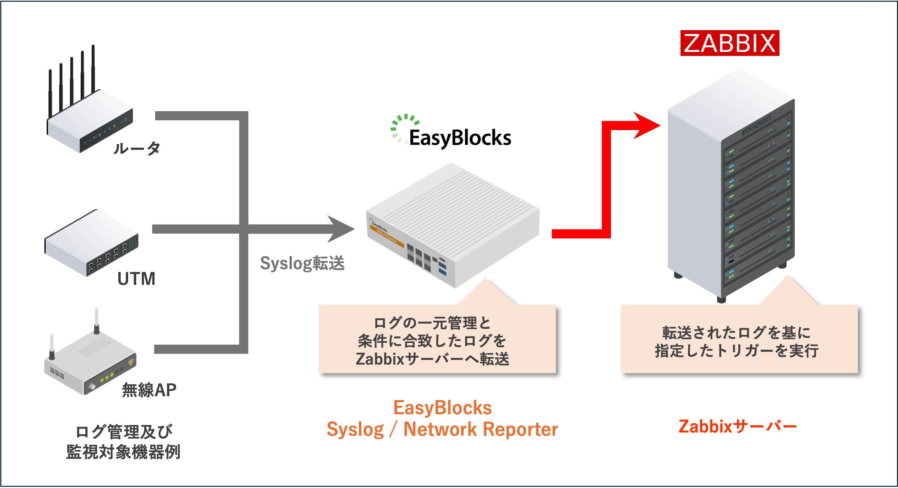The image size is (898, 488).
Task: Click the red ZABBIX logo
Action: pos(730,43)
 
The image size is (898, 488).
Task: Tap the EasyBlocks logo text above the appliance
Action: pos(460,138)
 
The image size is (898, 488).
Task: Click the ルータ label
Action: pos(136,148)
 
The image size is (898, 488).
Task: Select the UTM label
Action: pos(136,278)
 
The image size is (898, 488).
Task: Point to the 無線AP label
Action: pos(149,390)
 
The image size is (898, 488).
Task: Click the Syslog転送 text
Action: pos(302,263)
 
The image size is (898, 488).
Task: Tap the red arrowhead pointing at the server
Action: pos(646,125)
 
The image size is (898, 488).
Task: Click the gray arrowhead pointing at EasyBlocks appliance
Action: pos(341,229)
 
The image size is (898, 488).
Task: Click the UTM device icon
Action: pos(91,243)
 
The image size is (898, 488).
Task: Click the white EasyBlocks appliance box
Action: pos(453,225)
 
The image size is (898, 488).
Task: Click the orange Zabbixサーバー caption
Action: pos(738,427)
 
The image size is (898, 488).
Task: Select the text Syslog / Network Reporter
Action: pos(442,429)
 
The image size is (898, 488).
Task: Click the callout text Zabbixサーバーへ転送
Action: pos(432,359)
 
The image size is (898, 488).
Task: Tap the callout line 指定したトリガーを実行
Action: pos(737,350)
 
